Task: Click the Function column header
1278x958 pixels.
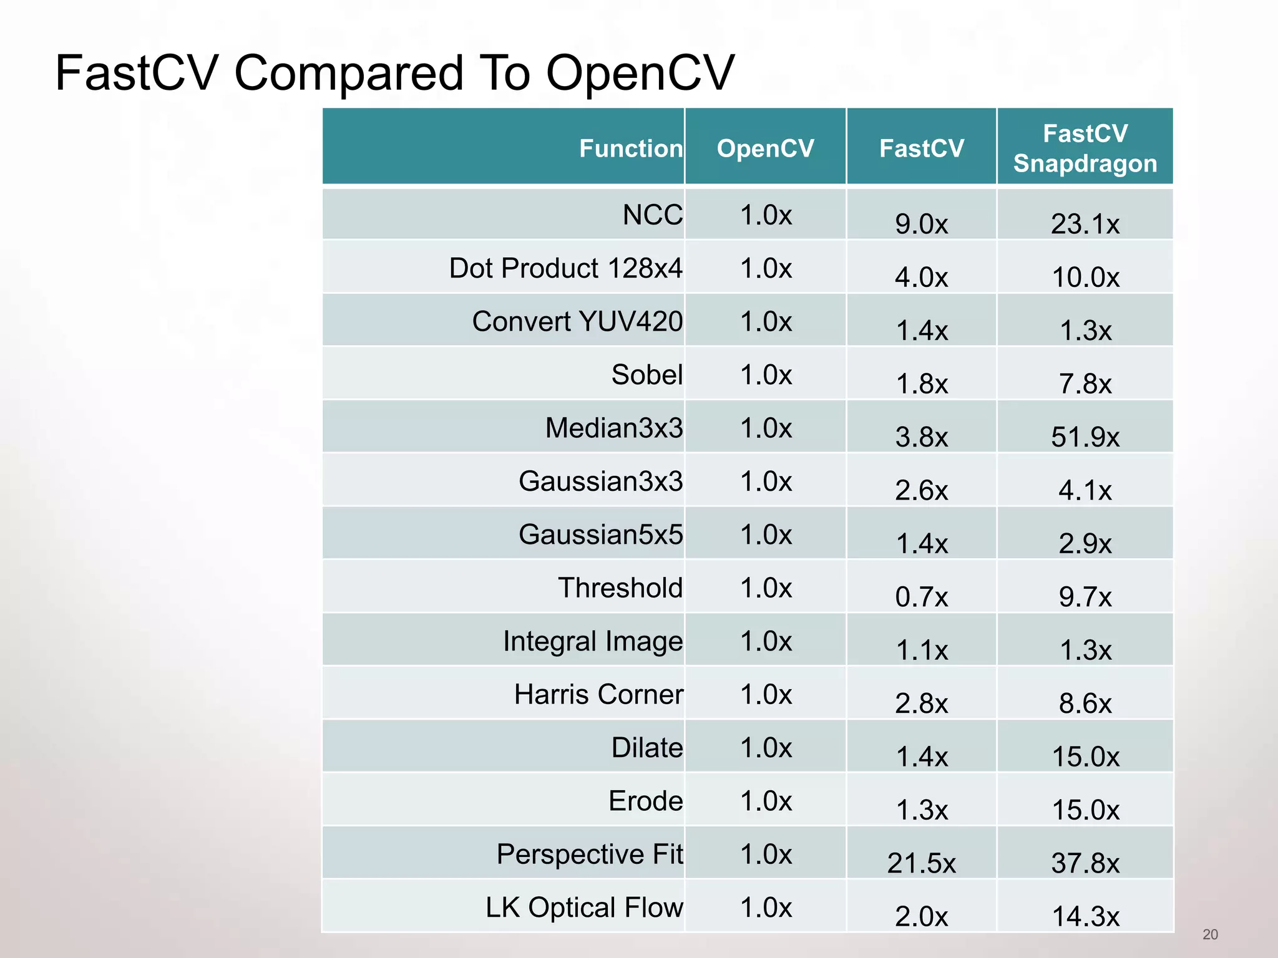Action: pos(630,148)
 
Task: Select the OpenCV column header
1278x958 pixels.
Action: pos(765,148)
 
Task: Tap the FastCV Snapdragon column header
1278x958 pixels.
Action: pos(1085,148)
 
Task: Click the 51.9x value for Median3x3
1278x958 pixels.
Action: pos(1085,437)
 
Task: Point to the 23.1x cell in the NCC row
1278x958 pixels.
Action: pos(1085,224)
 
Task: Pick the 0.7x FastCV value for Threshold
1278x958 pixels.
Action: pos(921,597)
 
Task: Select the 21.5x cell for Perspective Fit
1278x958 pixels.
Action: pos(921,863)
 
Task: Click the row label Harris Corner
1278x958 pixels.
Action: pos(598,694)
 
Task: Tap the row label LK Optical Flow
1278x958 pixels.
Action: pos(584,907)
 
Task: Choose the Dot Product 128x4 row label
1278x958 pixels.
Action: pos(565,268)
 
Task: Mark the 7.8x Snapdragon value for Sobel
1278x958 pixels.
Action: pos(1085,384)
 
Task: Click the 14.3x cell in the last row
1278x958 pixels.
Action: pos(1085,916)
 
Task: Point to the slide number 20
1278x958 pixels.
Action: pos(1210,934)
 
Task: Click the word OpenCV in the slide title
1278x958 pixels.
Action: pos(640,73)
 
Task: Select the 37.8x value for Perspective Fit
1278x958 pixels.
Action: pos(1085,863)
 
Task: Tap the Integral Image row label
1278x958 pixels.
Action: pos(593,641)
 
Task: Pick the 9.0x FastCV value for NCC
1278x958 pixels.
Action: pos(921,224)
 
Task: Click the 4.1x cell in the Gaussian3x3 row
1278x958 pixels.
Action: pos(1085,490)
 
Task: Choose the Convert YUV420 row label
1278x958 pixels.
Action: pos(577,322)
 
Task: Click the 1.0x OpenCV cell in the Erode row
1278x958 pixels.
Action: pos(766,801)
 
